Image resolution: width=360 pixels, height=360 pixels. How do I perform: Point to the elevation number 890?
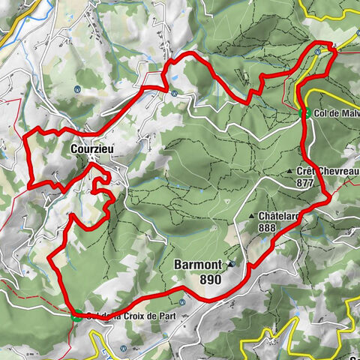coord(211,279)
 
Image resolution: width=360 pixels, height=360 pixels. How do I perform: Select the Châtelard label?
coord(279,216)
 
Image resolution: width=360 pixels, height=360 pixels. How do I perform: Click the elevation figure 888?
coord(266,228)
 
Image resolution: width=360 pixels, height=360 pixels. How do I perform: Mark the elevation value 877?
coord(305,182)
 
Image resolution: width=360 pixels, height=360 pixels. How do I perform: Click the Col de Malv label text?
coord(336,113)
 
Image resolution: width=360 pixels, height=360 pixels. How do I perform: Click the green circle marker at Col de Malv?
coord(306,113)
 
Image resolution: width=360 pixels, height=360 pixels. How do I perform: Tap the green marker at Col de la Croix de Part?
coord(76,316)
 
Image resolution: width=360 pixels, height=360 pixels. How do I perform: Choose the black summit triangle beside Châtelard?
coord(252,216)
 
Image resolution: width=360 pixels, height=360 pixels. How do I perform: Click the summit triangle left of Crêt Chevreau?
coord(290,172)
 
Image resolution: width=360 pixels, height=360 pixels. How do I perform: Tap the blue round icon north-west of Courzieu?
coord(78,88)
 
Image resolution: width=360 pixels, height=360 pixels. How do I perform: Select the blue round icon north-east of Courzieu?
coord(173,94)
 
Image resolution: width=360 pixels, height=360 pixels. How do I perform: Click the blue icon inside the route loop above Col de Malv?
coord(318,52)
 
